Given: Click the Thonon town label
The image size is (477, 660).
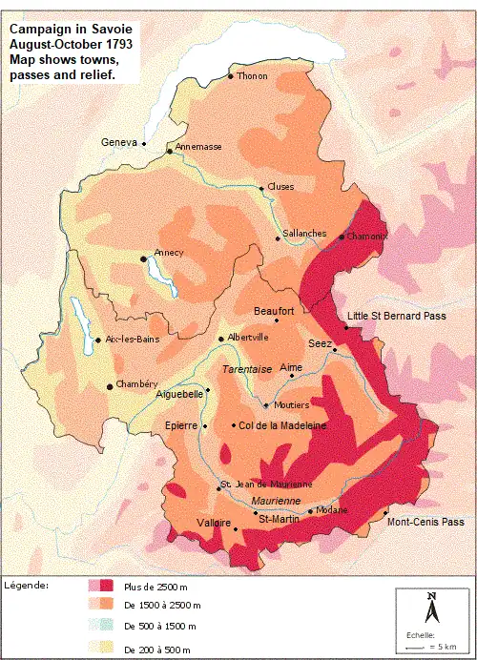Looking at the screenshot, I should tap(253, 76).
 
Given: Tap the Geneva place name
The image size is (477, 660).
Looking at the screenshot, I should tap(119, 142).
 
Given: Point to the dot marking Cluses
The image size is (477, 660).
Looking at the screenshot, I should tap(261, 188).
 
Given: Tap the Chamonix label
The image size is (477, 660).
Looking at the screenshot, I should tap(367, 237).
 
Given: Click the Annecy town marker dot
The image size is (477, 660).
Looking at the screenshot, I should tap(144, 258).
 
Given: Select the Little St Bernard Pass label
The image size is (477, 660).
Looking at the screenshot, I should tap(396, 316).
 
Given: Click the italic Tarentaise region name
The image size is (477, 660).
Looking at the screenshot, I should tap(247, 369).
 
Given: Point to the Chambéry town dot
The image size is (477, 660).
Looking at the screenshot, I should tap(111, 386).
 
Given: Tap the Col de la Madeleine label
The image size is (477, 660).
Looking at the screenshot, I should tap(283, 425).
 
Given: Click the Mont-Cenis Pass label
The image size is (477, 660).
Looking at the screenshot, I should tap(425, 522).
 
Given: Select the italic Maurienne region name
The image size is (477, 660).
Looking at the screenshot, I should tap(276, 501).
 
